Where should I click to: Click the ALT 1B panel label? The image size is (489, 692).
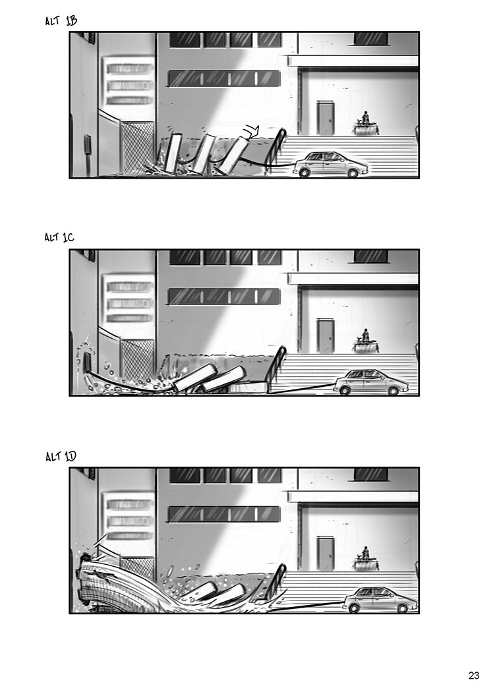tap(61, 20)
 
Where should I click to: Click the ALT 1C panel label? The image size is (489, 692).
tap(59, 237)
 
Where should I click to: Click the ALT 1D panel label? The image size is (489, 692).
tap(61, 456)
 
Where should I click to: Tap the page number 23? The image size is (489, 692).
tap(474, 676)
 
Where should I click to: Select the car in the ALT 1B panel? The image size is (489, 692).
tap(330, 164)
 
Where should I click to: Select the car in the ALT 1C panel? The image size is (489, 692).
tap(371, 382)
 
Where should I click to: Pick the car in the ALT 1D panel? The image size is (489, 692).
tap(380, 600)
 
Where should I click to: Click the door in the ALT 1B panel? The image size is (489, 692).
tap(326, 118)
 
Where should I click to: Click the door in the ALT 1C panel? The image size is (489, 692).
tap(326, 336)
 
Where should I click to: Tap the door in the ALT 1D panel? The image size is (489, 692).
tap(326, 554)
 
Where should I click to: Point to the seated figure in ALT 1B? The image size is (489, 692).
tap(365, 117)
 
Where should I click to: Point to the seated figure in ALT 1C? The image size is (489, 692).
tap(365, 335)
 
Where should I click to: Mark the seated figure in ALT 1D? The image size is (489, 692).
tap(365, 554)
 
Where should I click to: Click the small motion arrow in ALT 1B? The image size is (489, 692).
tap(252, 130)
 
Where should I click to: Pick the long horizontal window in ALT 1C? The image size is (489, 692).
tap(224, 297)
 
